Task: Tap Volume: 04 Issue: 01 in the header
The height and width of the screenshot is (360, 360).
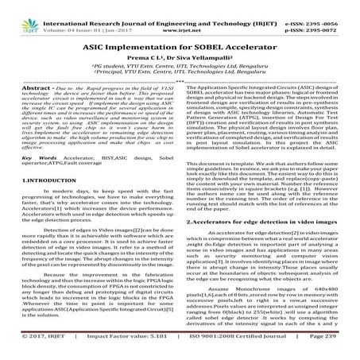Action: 88,16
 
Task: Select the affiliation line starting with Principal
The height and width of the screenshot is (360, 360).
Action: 180,69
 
